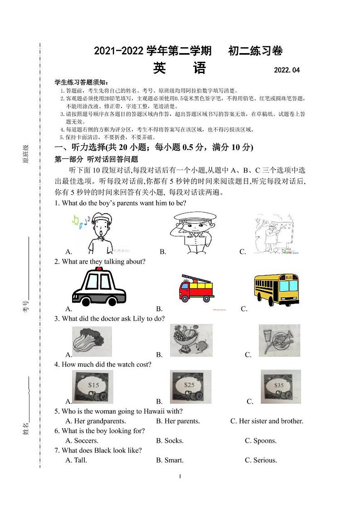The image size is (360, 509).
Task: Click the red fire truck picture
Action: click(197, 288)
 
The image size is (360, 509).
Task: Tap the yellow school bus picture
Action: click(277, 289)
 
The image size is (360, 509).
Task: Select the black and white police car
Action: click(99, 287)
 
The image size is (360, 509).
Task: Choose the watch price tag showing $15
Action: click(93, 387)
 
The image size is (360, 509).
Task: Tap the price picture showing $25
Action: click(190, 387)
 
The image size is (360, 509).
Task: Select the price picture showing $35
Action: click(280, 387)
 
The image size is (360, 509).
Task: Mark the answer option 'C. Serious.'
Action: click(261, 460)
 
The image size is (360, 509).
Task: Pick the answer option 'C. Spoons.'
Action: click(261, 440)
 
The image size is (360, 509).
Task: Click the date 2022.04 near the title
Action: click(287, 70)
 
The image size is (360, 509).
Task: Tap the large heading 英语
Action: click(180, 68)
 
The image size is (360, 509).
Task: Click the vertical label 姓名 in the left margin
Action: click(26, 427)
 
